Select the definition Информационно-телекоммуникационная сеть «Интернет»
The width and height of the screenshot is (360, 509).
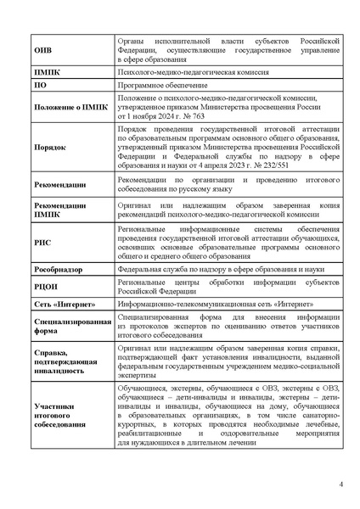click(x=216, y=305)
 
